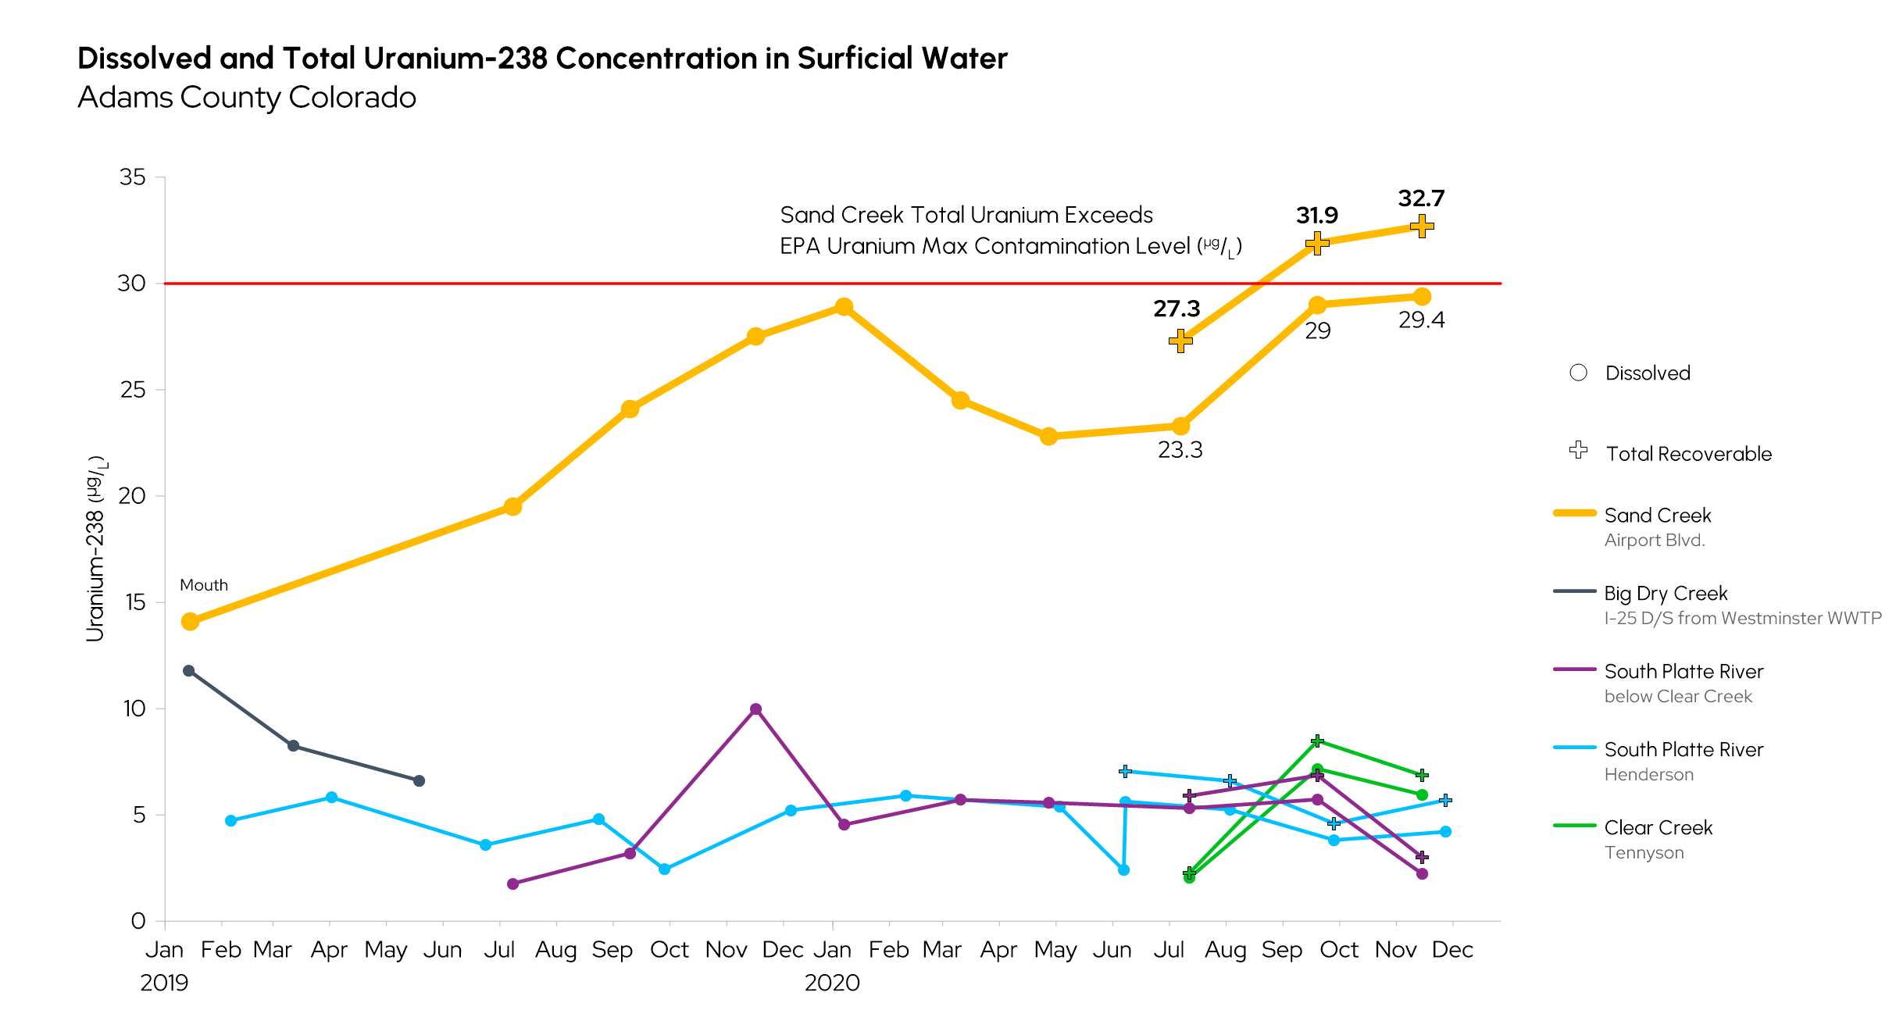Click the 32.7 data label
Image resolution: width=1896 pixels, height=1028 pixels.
pyautogui.click(x=1421, y=198)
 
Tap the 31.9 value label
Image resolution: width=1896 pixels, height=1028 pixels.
pyautogui.click(x=1316, y=216)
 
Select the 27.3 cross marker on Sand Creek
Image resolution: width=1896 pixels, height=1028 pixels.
pyautogui.click(x=1180, y=341)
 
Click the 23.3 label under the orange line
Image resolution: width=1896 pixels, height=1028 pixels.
pyautogui.click(x=1180, y=450)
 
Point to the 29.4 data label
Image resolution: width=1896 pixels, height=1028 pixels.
pyautogui.click(x=1421, y=320)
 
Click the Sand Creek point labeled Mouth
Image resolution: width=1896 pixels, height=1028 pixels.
pyautogui.click(x=190, y=622)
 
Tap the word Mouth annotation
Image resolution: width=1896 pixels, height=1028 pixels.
pyautogui.click(x=204, y=585)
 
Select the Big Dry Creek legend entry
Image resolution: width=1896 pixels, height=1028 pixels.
pyautogui.click(x=1666, y=594)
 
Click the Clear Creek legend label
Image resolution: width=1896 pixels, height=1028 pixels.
pyautogui.click(x=1658, y=828)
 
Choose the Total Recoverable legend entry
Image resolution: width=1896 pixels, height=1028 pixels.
pyautogui.click(x=1688, y=454)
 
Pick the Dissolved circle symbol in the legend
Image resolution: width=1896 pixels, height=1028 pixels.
pyautogui.click(x=1578, y=373)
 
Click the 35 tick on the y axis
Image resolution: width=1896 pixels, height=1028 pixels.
pyautogui.click(x=132, y=177)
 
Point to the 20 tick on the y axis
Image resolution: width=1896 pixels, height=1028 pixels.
pyautogui.click(x=132, y=496)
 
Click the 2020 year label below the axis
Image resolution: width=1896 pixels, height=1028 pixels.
pyautogui.click(x=832, y=983)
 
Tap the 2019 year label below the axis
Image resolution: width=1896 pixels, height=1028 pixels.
pyautogui.click(x=164, y=983)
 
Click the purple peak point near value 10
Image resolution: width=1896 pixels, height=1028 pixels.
pyautogui.click(x=755, y=709)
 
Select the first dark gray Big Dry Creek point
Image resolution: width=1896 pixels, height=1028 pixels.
pyautogui.click(x=188, y=671)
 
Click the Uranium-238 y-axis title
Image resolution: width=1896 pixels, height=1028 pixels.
pyautogui.click(x=96, y=549)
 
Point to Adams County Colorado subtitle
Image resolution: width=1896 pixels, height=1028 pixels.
pyautogui.click(x=247, y=98)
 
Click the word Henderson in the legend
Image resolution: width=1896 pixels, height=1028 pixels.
pyautogui.click(x=1648, y=775)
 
